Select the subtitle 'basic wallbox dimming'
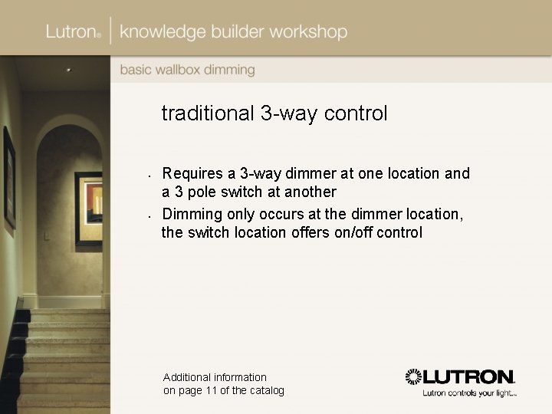click(187, 70)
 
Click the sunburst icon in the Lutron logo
click(414, 376)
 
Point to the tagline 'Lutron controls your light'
click(469, 393)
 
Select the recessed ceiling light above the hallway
click(68, 70)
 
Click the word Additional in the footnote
click(188, 377)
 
